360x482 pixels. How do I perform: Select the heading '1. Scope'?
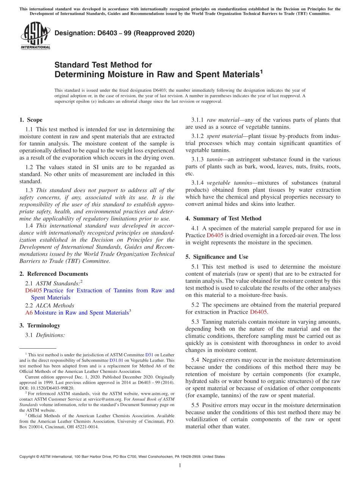(31, 120)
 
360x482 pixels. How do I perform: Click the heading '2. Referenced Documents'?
(53, 274)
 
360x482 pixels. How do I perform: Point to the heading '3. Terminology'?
(40, 326)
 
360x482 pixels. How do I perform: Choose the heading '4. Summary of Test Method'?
(223, 218)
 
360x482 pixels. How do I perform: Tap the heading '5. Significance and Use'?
(217, 257)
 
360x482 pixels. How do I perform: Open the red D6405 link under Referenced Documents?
(33, 291)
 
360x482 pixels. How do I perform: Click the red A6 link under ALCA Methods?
(29, 313)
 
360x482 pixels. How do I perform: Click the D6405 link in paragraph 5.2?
(259, 312)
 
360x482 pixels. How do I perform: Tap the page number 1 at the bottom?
(180, 465)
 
